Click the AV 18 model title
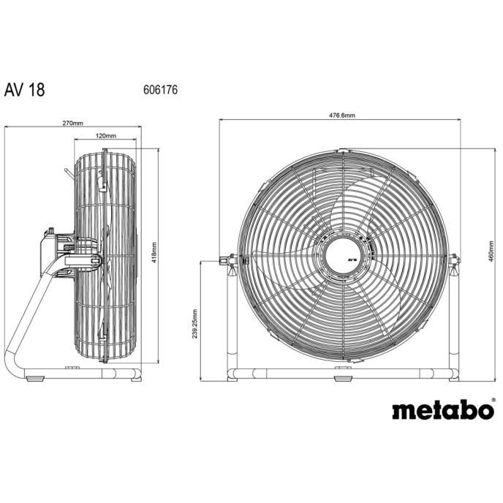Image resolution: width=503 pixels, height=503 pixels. click(x=24, y=90)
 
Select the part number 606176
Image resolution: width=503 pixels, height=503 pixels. click(x=160, y=90)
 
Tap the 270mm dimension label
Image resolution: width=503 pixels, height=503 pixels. click(x=73, y=123)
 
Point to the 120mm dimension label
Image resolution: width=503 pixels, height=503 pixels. click(x=106, y=136)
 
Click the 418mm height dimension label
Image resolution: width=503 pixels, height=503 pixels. click(x=154, y=253)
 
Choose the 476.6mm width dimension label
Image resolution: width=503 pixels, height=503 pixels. click(x=342, y=116)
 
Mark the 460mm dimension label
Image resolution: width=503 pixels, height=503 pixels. click(x=491, y=251)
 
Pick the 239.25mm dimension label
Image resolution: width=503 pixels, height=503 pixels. click(x=194, y=324)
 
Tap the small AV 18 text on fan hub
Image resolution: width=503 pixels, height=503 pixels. click(x=352, y=260)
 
